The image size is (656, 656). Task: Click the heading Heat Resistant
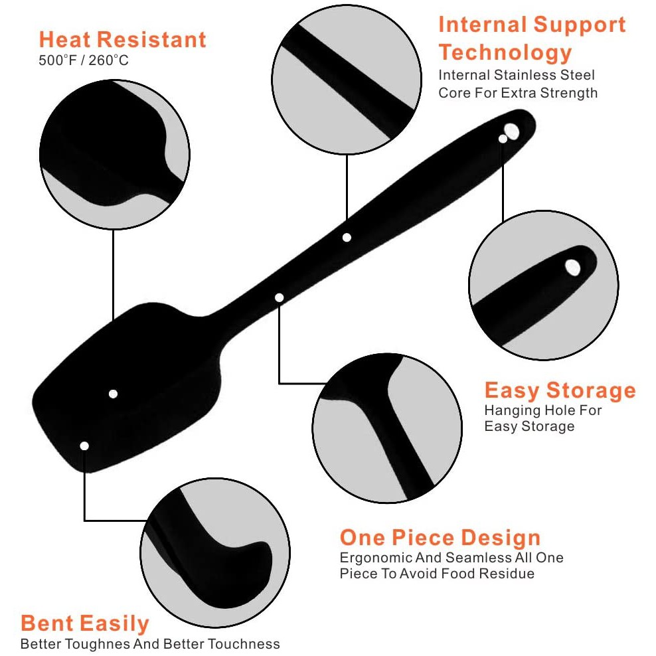(x=123, y=39)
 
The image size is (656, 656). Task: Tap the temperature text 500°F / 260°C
(x=83, y=60)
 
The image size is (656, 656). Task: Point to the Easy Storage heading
(x=560, y=390)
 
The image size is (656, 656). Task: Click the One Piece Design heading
(x=440, y=537)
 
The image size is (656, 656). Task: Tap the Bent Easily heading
(x=85, y=623)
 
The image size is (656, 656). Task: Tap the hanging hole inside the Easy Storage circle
(x=572, y=268)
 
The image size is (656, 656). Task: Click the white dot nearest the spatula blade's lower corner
(x=84, y=446)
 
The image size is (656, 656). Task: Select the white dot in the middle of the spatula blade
(x=114, y=394)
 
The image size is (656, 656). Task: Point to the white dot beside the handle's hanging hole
(x=503, y=139)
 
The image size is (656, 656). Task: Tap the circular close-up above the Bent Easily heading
(x=215, y=552)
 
